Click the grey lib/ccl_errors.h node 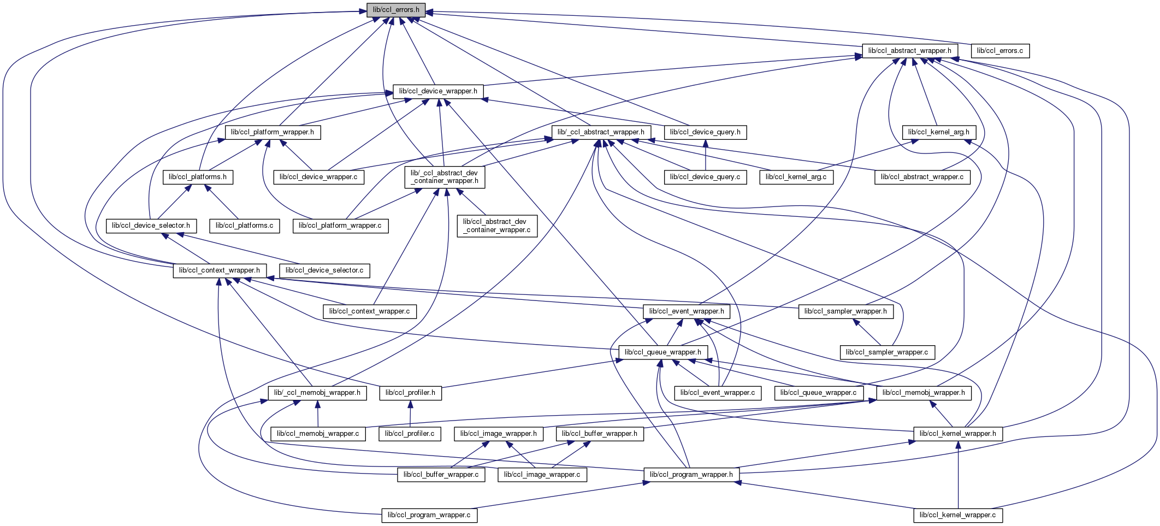click(x=396, y=10)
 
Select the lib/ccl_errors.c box click(x=999, y=51)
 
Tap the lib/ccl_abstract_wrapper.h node click(x=909, y=51)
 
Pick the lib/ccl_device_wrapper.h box click(x=438, y=91)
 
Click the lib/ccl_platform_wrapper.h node click(x=273, y=132)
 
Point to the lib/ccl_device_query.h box click(x=705, y=132)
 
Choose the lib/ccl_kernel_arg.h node click(x=938, y=132)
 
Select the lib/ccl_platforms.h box click(x=198, y=177)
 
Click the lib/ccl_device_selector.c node click(x=324, y=270)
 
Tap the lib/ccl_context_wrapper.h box click(x=220, y=270)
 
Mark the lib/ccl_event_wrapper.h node click(x=686, y=311)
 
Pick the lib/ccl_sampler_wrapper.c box click(x=887, y=352)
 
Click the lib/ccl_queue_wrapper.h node click(x=663, y=352)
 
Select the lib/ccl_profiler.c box click(x=410, y=434)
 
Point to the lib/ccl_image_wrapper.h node click(x=499, y=434)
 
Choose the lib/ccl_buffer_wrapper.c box click(x=441, y=475)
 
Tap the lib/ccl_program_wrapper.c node click(x=429, y=515)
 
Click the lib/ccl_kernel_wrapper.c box click(x=957, y=515)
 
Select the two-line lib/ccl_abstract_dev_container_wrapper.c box click(x=496, y=226)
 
